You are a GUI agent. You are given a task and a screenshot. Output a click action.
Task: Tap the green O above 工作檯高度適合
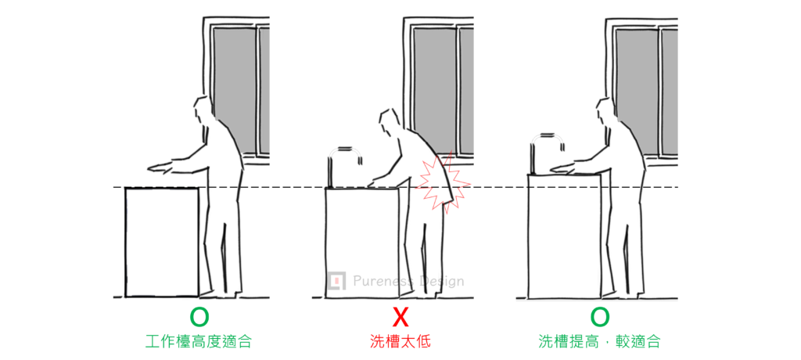coord(199,318)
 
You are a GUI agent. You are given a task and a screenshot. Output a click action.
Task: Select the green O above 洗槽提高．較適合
coord(600,318)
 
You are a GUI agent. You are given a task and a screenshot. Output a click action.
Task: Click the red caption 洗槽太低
coord(400,341)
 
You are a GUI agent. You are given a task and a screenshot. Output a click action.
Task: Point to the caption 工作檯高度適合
coord(199,341)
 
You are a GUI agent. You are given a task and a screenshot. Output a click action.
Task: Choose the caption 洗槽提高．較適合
coord(599,341)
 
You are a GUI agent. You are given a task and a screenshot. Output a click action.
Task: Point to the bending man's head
coord(390,123)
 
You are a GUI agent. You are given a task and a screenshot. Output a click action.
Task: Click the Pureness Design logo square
coord(335,280)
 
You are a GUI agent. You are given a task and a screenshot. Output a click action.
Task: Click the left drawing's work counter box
coord(161,242)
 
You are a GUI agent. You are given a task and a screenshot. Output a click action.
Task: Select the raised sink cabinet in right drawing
coord(565,236)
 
